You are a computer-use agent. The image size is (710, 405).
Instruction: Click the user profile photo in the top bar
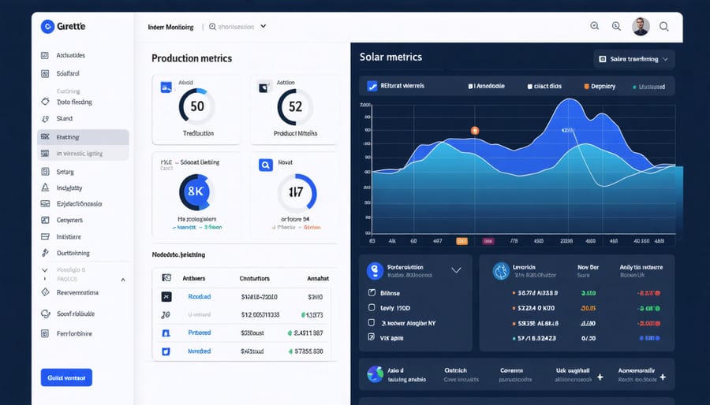[641, 27]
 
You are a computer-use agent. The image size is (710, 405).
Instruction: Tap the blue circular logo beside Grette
[47, 27]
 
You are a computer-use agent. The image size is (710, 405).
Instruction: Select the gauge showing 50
[196, 106]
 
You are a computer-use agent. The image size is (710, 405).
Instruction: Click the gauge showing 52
[294, 106]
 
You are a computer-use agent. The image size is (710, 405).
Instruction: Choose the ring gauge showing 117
[296, 191]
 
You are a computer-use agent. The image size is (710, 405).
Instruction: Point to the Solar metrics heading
[390, 57]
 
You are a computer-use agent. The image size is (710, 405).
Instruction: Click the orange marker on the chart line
[475, 130]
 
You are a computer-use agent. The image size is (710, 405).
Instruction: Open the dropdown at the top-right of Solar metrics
[633, 59]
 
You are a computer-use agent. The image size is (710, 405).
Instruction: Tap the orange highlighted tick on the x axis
[462, 241]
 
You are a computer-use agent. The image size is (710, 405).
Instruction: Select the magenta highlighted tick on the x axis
[488, 241]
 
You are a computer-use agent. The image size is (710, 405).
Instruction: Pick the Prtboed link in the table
[200, 333]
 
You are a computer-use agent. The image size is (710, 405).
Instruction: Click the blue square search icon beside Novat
[266, 165]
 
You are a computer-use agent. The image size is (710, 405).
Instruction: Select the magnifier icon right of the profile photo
[663, 27]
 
